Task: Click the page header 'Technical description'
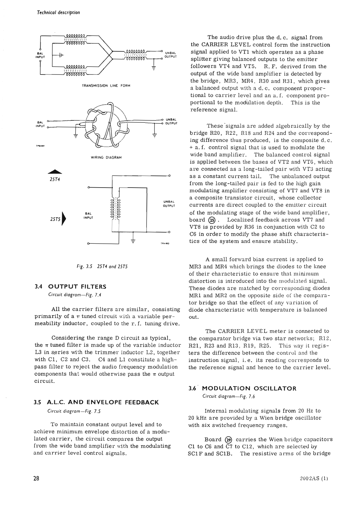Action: [58, 13]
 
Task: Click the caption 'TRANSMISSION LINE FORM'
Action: [106, 86]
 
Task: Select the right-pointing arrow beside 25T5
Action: [65, 219]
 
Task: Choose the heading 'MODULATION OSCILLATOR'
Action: [249, 388]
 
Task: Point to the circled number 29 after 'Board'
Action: [228, 440]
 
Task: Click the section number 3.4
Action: [38, 287]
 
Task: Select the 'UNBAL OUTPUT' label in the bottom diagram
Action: [169, 204]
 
